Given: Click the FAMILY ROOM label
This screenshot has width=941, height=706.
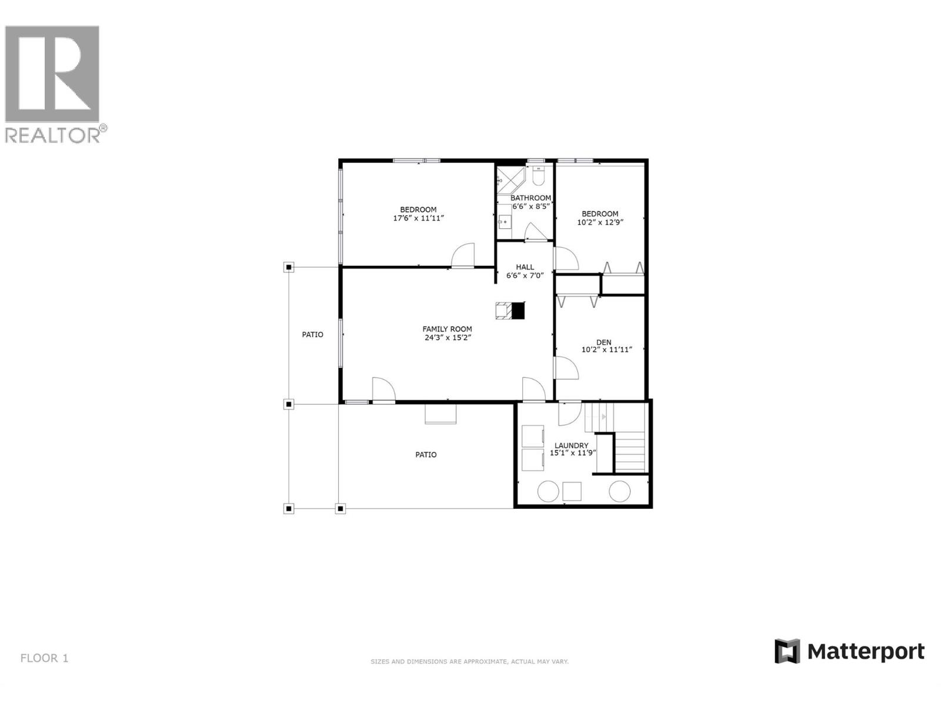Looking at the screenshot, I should (447, 329).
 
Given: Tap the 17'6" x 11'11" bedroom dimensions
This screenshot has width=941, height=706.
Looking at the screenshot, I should (418, 218).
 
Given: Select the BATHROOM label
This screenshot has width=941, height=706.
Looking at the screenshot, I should (530, 198).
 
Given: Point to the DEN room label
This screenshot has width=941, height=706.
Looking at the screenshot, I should (603, 342).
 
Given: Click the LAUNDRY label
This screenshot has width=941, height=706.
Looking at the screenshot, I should (571, 446).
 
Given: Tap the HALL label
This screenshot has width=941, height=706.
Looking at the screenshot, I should (525, 267).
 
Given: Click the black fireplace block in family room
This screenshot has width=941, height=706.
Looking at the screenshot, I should (518, 311).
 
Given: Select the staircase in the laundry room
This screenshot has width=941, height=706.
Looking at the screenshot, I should (630, 451).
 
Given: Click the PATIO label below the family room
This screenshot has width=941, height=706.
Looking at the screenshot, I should (426, 455).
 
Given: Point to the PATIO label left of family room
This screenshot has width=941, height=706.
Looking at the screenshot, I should (312, 335).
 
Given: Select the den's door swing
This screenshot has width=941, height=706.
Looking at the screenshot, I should (566, 368).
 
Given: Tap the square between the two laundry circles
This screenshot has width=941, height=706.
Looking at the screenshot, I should (572, 491).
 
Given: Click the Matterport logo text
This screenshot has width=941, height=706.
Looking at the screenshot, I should (865, 652).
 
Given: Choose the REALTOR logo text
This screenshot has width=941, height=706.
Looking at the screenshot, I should (53, 135).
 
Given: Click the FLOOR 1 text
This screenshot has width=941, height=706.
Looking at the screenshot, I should (45, 658).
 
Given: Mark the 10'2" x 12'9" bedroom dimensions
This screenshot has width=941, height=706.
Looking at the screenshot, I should (600, 222).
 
